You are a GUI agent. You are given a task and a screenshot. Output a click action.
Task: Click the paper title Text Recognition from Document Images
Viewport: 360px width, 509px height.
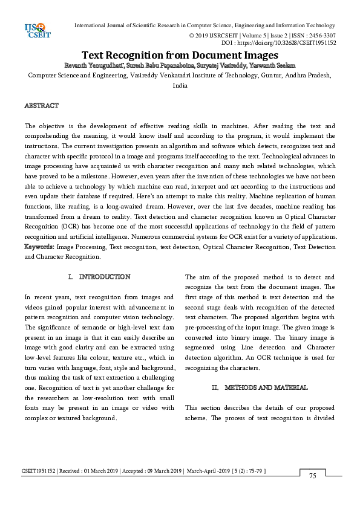click(x=180, y=55)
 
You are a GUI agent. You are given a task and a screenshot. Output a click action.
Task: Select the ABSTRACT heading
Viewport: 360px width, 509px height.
click(x=41, y=106)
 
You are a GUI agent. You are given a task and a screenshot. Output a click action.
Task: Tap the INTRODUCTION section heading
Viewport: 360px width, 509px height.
click(x=104, y=277)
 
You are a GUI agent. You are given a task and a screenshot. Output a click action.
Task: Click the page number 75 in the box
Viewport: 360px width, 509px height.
click(x=313, y=476)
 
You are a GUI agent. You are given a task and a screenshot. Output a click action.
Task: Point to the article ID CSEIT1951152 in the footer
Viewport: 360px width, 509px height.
click(x=38, y=470)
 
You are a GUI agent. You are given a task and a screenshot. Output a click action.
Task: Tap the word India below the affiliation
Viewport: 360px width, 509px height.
click(x=180, y=86)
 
